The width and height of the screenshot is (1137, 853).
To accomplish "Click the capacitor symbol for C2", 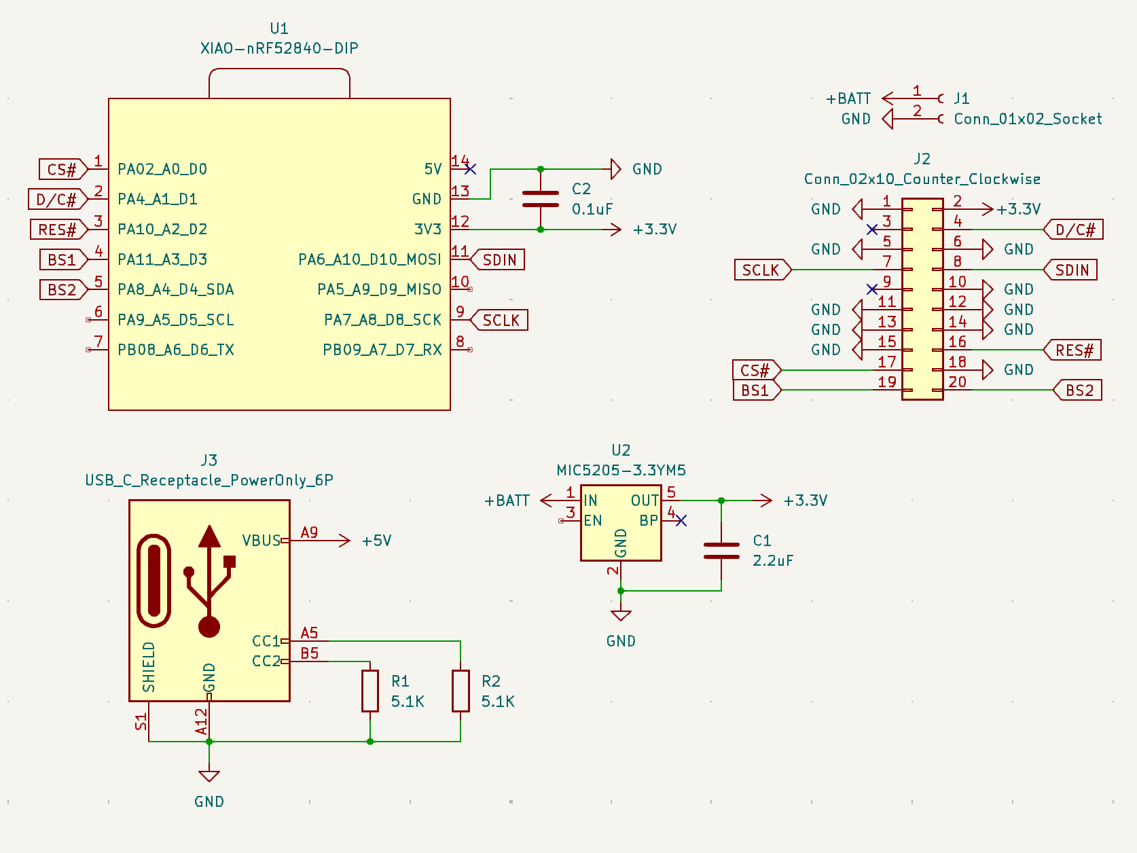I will pyautogui.click(x=540, y=199).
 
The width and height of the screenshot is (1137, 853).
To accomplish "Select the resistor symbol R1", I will pyautogui.click(x=369, y=691).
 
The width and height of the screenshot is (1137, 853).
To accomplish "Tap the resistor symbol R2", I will pyautogui.click(x=461, y=691).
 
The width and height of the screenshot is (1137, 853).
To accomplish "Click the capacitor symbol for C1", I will pyautogui.click(x=721, y=551).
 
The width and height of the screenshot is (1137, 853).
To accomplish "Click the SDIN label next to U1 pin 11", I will pyautogui.click(x=499, y=260).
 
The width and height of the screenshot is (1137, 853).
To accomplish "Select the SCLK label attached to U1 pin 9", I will pyautogui.click(x=501, y=321).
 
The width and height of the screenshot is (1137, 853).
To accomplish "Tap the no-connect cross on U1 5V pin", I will pyautogui.click(x=470, y=169).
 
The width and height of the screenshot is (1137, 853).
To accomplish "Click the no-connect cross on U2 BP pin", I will pyautogui.click(x=681, y=521).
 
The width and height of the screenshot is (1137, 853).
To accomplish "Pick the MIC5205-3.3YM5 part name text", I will pyautogui.click(x=621, y=470).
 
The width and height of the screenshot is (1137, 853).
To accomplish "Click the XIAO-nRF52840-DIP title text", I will pyautogui.click(x=279, y=48).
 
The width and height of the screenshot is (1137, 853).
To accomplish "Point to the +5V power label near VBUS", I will pyautogui.click(x=376, y=541).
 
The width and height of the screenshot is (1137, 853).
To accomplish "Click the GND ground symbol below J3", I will pyautogui.click(x=209, y=776).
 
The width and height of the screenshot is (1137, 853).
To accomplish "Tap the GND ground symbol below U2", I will pyautogui.click(x=621, y=616).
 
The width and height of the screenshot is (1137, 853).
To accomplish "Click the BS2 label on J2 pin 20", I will pyautogui.click(x=1079, y=391).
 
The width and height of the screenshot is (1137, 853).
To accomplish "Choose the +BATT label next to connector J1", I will pyautogui.click(x=848, y=99).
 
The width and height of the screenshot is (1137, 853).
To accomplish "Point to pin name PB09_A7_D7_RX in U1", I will pyautogui.click(x=382, y=350).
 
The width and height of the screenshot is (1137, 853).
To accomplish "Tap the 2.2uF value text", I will pyautogui.click(x=773, y=561).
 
